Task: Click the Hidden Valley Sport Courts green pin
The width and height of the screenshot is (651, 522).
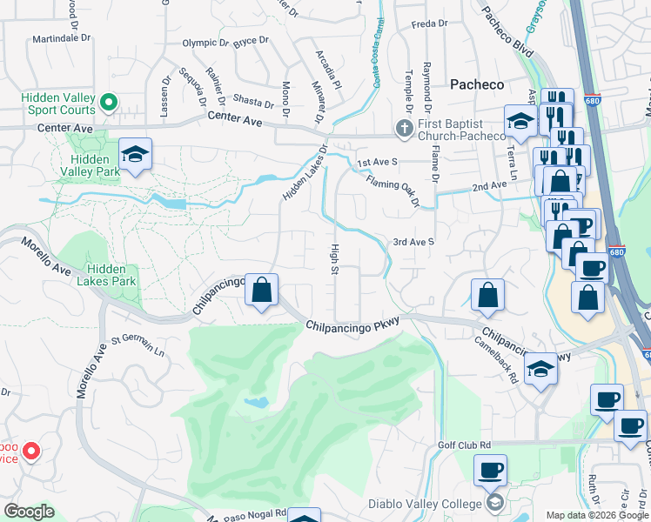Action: pyautogui.click(x=109, y=104)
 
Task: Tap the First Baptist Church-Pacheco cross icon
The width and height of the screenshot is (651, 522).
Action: pyautogui.click(x=404, y=128)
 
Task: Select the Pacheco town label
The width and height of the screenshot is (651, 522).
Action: pyautogui.click(x=477, y=84)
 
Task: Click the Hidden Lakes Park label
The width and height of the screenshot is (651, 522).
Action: pyautogui.click(x=112, y=275)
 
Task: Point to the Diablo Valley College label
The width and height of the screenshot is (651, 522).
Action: pyautogui.click(x=424, y=504)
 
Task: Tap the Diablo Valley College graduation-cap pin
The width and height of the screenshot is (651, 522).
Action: pyautogui.click(x=495, y=504)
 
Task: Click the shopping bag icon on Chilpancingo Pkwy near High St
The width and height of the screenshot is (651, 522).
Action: pyautogui.click(x=261, y=291)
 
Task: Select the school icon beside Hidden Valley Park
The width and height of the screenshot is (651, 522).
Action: pyautogui.click(x=135, y=155)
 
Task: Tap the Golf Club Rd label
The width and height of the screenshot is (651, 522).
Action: pyautogui.click(x=465, y=445)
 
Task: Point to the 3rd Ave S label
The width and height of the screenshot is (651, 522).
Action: pyautogui.click(x=413, y=242)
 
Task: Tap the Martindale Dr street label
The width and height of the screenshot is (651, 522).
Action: pyautogui.click(x=62, y=39)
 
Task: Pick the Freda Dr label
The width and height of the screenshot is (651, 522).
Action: pyautogui.click(x=429, y=23)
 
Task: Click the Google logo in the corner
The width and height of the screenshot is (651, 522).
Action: pyautogui.click(x=30, y=512)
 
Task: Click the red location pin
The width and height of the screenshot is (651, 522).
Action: pyautogui.click(x=31, y=451)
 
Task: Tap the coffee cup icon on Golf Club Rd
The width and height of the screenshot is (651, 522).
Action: pyautogui.click(x=490, y=471)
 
